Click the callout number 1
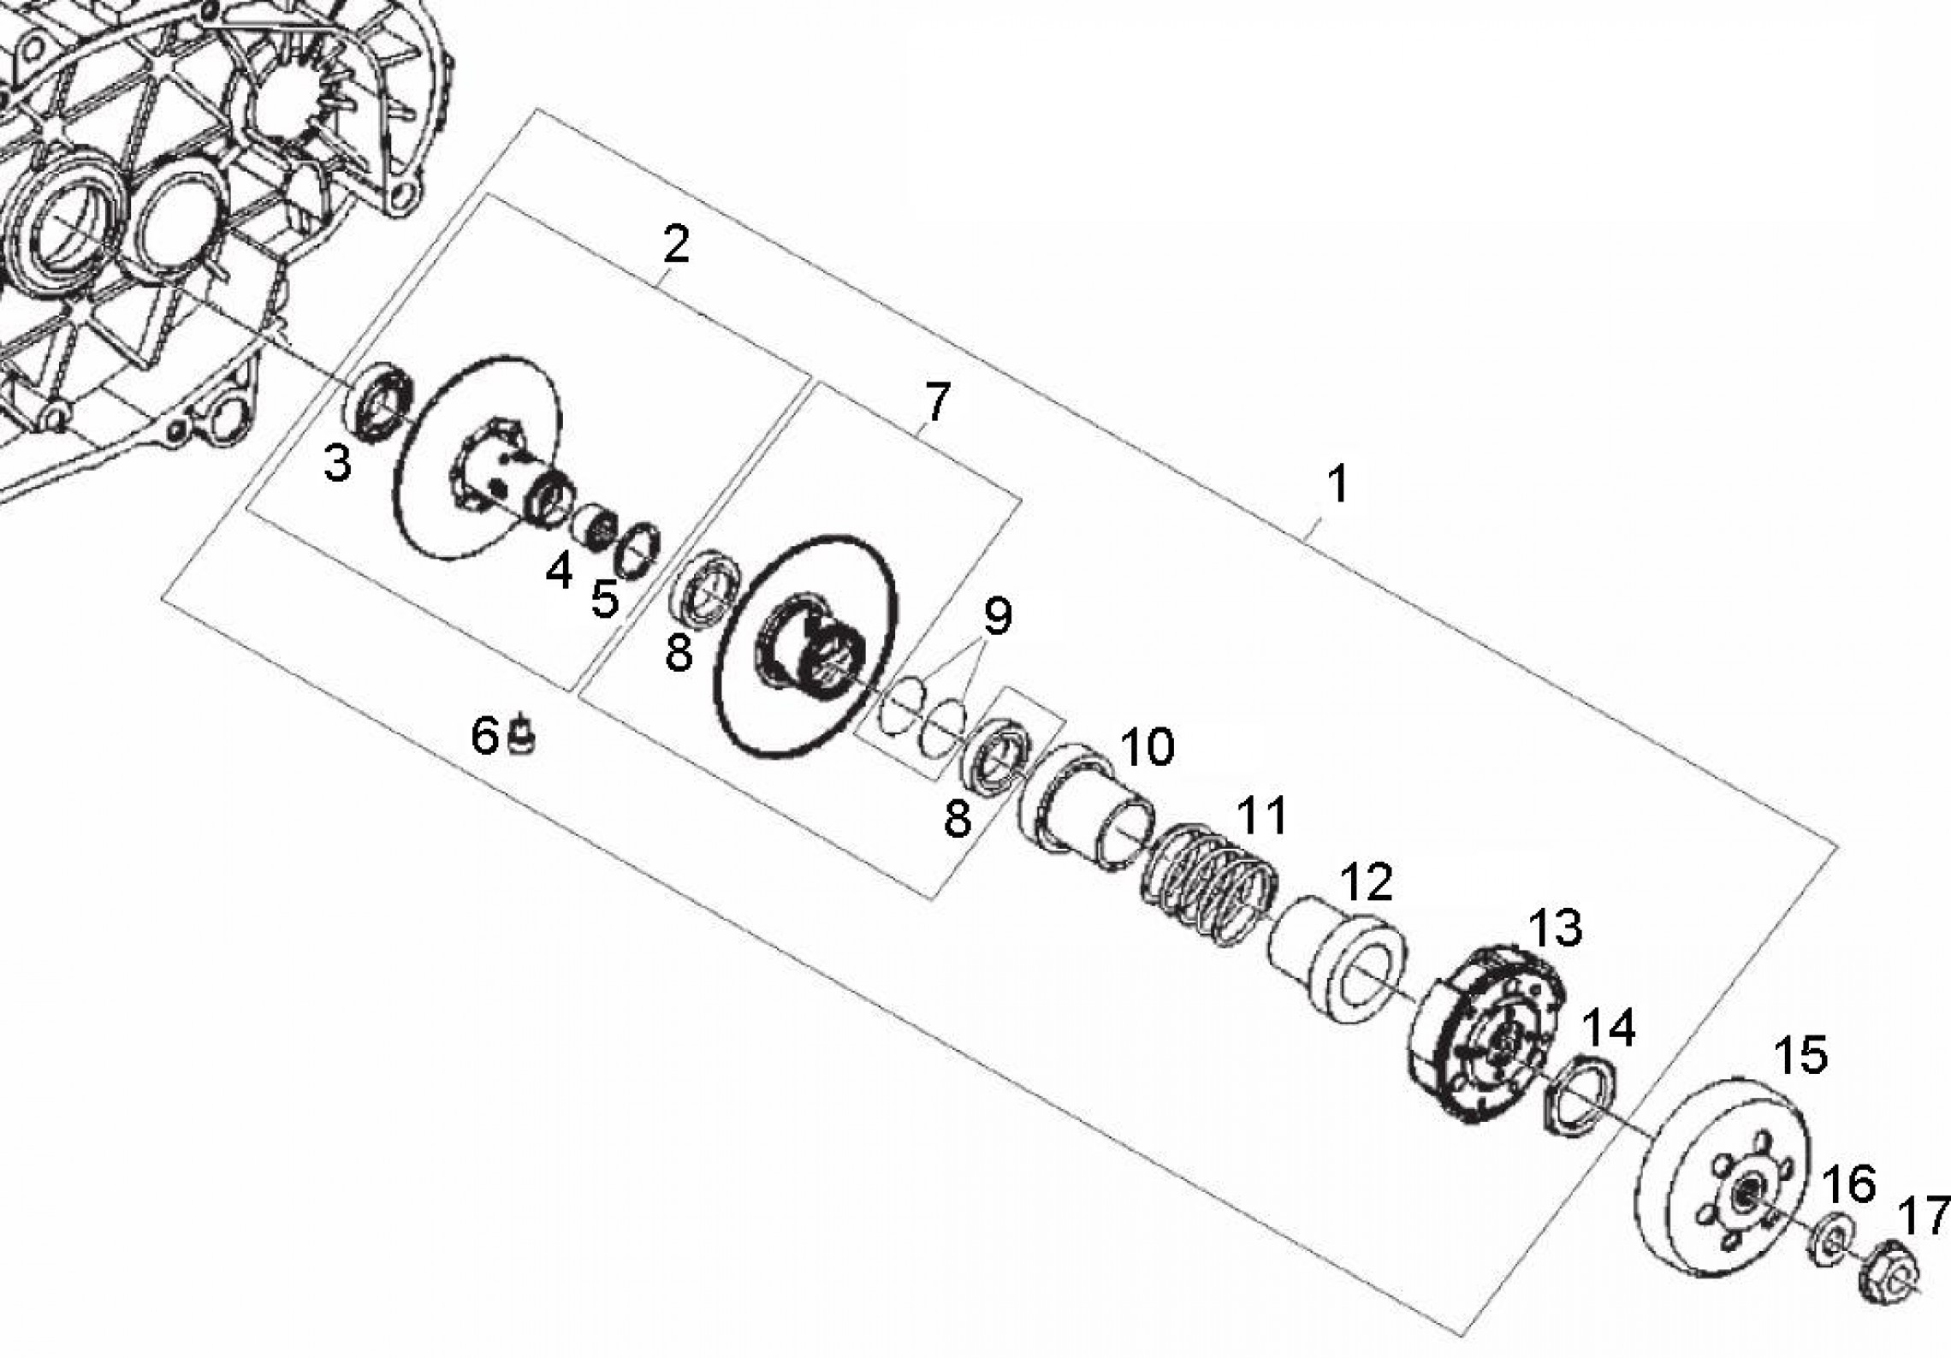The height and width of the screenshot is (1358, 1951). (1337, 485)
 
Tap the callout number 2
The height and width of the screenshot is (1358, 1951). (675, 246)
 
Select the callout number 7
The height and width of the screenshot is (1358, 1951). (936, 402)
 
